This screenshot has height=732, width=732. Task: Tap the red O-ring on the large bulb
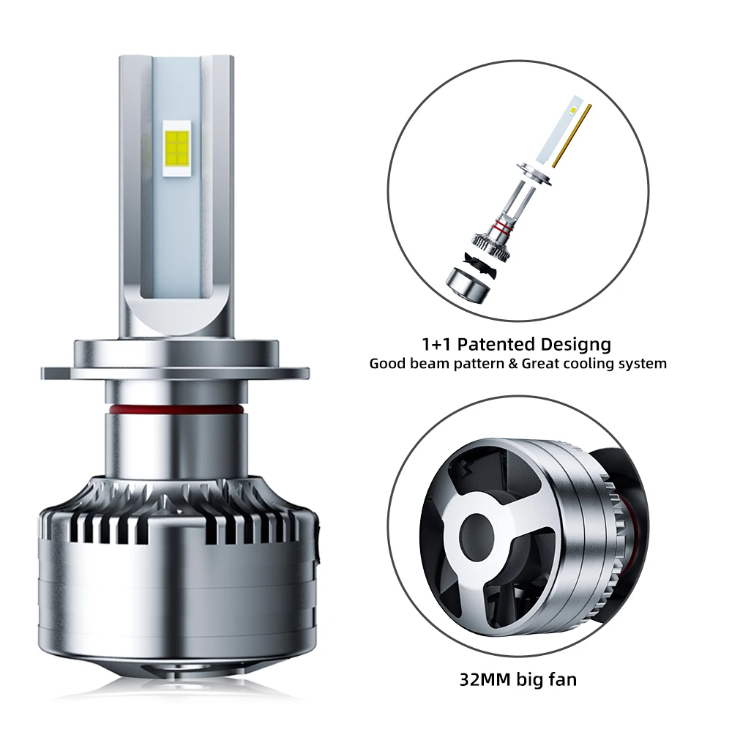point(176,405)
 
